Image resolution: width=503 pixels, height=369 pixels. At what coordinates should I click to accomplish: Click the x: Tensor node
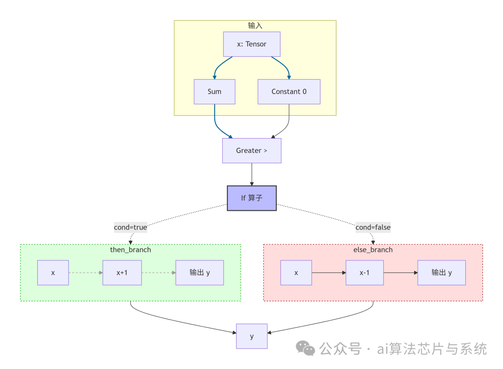click(x=251, y=44)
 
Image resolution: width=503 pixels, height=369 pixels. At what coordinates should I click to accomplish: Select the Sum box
click(x=214, y=91)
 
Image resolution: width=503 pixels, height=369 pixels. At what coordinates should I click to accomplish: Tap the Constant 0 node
click(x=289, y=91)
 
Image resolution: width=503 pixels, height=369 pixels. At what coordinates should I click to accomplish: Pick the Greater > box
click(x=251, y=151)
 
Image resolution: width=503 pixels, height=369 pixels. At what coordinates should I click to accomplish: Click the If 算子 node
click(x=251, y=198)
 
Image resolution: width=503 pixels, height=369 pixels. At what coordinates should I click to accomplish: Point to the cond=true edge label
click(x=130, y=228)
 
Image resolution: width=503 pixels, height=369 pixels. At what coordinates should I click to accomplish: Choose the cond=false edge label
click(x=373, y=228)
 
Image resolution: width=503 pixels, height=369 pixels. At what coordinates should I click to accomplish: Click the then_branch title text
click(x=130, y=250)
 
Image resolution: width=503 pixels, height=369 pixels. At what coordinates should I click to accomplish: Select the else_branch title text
click(x=373, y=250)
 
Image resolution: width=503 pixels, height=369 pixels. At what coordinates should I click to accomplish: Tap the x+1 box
click(x=122, y=272)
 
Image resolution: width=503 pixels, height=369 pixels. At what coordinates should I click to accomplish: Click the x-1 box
click(x=364, y=272)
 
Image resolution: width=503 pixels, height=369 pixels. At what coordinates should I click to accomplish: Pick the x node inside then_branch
click(x=53, y=272)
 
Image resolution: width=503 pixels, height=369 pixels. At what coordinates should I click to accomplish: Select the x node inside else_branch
click(x=296, y=272)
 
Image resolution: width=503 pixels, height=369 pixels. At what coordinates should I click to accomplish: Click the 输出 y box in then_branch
click(x=199, y=272)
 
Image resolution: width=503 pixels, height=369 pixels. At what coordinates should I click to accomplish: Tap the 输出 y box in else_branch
click(x=442, y=272)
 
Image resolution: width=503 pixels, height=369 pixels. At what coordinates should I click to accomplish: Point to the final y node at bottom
click(x=251, y=336)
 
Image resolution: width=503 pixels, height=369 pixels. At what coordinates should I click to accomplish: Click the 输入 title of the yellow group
click(x=255, y=25)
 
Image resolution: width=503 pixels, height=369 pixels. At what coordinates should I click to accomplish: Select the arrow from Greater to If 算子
click(x=251, y=174)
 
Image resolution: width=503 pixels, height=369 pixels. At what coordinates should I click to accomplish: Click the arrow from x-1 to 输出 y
click(x=401, y=272)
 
